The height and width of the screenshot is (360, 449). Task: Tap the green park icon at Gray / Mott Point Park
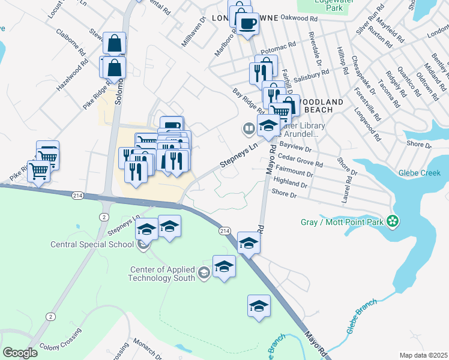tap(393, 222)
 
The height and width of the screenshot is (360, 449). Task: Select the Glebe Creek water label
tap(418, 173)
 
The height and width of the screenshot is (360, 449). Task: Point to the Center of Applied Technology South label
tap(163, 274)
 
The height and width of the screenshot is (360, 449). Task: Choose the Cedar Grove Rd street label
tap(301, 160)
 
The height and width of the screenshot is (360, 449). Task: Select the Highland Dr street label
tap(290, 182)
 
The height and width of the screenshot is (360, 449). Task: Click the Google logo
tap(20, 353)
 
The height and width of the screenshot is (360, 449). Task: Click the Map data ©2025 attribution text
tap(424, 355)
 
